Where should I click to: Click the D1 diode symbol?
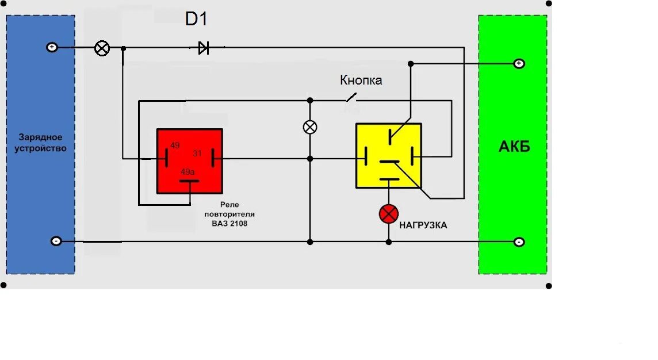(203, 48)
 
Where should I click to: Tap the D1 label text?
(196, 19)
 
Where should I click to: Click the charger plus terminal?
(52, 47)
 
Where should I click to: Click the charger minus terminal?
(56, 242)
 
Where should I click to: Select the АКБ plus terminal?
(519, 63)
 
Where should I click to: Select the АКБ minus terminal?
(519, 242)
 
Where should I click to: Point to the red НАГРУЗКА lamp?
(389, 214)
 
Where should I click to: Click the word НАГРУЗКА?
(423, 225)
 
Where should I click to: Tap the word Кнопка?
(361, 81)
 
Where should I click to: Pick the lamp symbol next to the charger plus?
(102, 48)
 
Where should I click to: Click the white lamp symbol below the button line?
(310, 127)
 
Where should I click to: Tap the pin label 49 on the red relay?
(175, 145)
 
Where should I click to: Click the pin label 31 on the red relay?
(197, 153)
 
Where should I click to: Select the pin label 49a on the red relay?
(188, 172)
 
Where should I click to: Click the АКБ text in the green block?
(514, 147)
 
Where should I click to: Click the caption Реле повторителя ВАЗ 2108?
(229, 214)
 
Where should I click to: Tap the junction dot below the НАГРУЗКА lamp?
(389, 242)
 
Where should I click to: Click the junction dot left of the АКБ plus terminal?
(410, 63)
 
